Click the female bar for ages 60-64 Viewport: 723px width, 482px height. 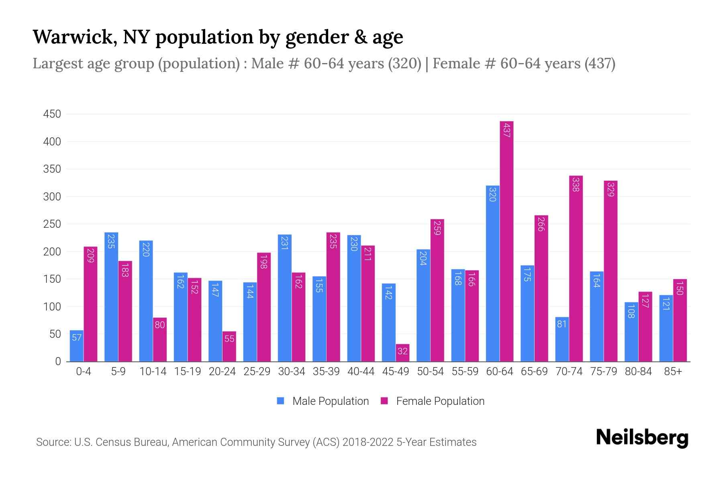pyautogui.click(x=507, y=241)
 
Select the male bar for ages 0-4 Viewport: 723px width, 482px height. pyautogui.click(x=76, y=346)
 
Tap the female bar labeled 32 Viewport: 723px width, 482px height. pyautogui.click(x=402, y=353)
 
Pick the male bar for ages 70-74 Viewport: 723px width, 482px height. pyautogui.click(x=562, y=339)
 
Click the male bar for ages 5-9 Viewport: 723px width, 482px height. pyautogui.click(x=111, y=297)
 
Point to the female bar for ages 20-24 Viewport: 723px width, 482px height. pyautogui.click(x=229, y=346)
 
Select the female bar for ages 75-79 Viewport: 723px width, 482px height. pyautogui.click(x=611, y=271)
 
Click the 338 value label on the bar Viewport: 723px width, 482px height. pyautogui.click(x=576, y=184)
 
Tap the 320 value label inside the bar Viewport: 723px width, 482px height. pyautogui.click(x=492, y=194)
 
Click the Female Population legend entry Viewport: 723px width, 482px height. pyautogui.click(x=433, y=401)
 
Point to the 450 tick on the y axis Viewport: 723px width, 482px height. pyautogui.click(x=52, y=114)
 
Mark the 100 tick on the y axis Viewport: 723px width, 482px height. pyautogui.click(x=52, y=307)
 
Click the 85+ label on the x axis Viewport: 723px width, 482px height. pyautogui.click(x=673, y=372)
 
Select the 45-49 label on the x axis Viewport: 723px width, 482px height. pyautogui.click(x=396, y=372)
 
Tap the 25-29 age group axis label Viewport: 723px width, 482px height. pyautogui.click(x=257, y=372)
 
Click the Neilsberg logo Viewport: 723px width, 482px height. pyautogui.click(x=642, y=438)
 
